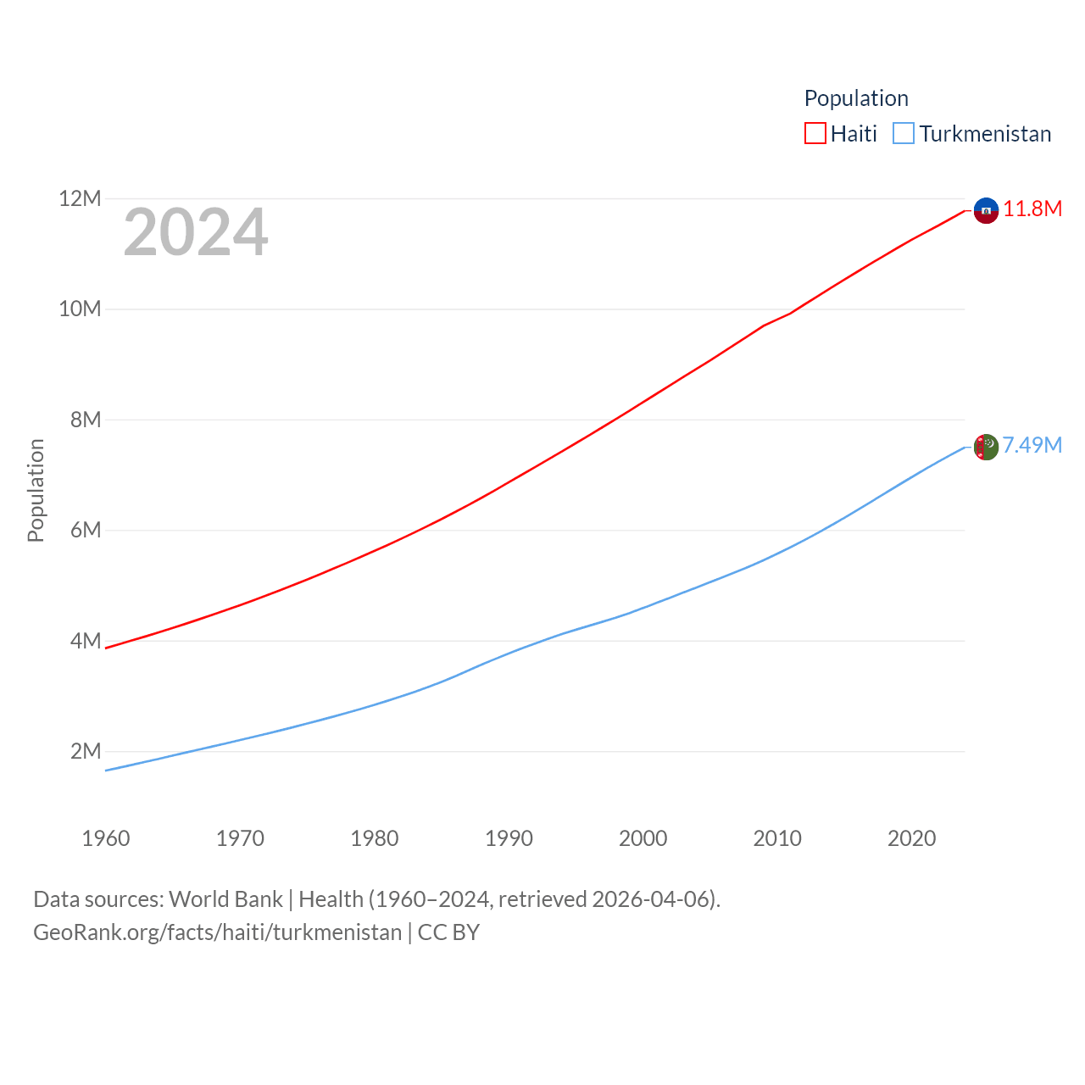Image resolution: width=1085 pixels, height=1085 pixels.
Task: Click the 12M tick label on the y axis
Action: (80, 199)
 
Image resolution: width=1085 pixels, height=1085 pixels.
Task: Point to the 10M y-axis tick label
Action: (80, 309)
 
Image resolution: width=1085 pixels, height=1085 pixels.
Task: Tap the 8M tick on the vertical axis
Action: (86, 420)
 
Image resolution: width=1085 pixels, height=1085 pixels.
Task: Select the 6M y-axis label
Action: (86, 531)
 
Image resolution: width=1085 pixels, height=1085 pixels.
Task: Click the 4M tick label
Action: (86, 641)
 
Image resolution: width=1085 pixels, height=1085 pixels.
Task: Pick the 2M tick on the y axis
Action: (86, 752)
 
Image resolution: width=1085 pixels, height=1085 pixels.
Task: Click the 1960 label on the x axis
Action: (106, 838)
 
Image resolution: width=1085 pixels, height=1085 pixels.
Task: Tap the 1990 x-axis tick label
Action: (509, 838)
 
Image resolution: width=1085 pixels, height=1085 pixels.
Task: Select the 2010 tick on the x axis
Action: (777, 838)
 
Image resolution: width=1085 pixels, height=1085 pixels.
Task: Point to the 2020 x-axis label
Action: (911, 838)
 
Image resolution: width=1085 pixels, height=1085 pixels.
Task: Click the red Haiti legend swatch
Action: (815, 134)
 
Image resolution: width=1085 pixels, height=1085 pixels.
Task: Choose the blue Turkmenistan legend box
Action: (904, 134)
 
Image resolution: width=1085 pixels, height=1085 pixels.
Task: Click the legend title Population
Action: (856, 98)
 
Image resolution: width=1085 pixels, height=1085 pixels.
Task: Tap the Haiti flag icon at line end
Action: (986, 210)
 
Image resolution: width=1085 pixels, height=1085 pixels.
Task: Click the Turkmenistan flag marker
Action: (986, 447)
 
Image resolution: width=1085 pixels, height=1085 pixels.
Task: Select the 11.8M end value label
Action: (1032, 209)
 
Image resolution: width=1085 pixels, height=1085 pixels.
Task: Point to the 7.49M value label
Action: (1032, 446)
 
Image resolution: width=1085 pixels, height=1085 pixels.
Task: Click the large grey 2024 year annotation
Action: (196, 232)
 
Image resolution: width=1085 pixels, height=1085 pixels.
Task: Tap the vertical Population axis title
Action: (36, 490)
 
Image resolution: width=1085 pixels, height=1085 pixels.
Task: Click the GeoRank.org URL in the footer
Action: (217, 932)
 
